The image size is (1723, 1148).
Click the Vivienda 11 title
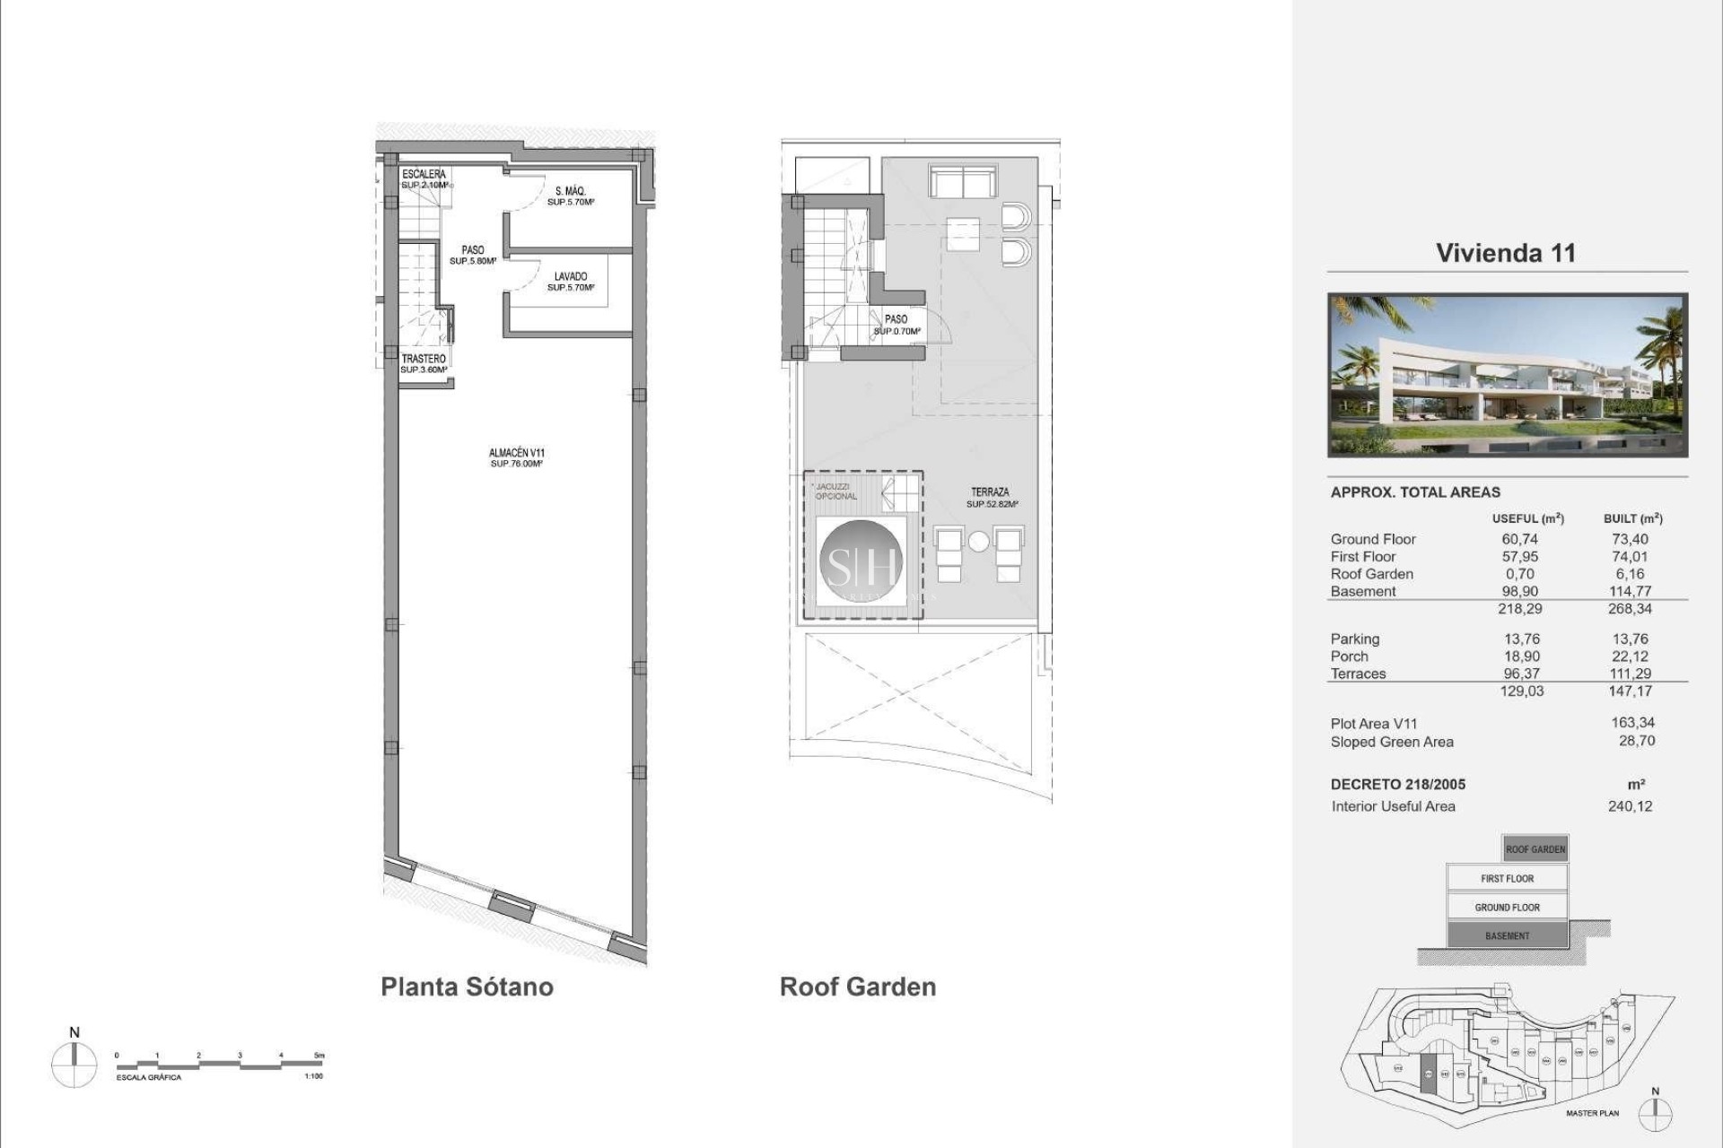click(1505, 253)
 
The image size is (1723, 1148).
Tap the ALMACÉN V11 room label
click(516, 457)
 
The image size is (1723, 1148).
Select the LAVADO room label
click(570, 282)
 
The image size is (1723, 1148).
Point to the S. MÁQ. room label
click(570, 196)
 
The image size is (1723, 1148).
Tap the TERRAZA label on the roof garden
click(990, 497)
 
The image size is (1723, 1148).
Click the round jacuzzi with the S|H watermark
click(861, 562)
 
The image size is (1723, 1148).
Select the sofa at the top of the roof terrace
click(963, 182)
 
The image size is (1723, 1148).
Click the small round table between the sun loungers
click(978, 542)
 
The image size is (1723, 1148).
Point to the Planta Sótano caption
click(467, 987)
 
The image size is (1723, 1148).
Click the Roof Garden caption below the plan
click(857, 987)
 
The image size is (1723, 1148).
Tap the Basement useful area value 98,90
click(1519, 591)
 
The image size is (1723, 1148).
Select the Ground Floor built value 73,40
click(1629, 539)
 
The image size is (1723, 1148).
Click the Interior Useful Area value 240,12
click(1629, 806)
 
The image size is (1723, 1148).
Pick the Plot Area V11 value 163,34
click(1632, 723)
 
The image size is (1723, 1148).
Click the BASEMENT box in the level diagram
click(1507, 935)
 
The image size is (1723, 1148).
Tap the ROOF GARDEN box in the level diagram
click(1535, 848)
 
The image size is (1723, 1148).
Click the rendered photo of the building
click(1507, 375)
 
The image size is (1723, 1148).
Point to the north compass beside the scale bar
click(74, 1065)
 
